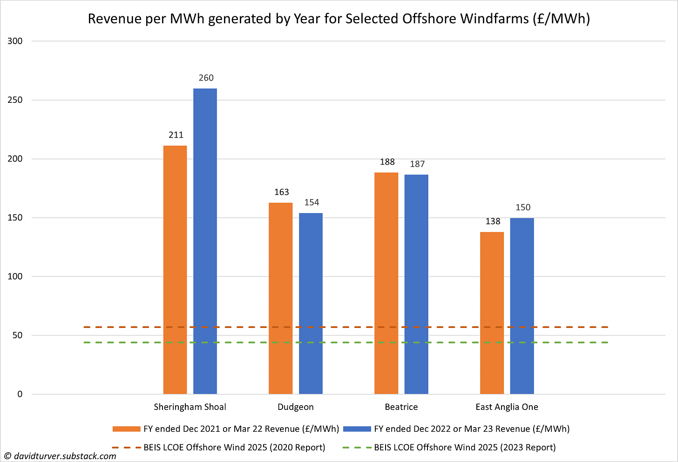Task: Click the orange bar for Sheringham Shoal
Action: coord(175,270)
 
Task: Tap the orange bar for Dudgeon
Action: coord(280,298)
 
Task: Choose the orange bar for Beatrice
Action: coord(386,283)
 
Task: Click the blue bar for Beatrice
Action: coord(416,284)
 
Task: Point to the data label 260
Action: coord(206,78)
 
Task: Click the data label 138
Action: coord(493,221)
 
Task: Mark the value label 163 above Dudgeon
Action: coord(281,192)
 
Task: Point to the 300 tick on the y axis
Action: coord(15,41)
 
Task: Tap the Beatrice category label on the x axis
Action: coord(401,407)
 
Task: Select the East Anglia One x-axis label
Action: coord(507,407)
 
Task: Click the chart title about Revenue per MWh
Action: coord(339,19)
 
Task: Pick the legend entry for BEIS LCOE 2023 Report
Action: coord(465,448)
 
